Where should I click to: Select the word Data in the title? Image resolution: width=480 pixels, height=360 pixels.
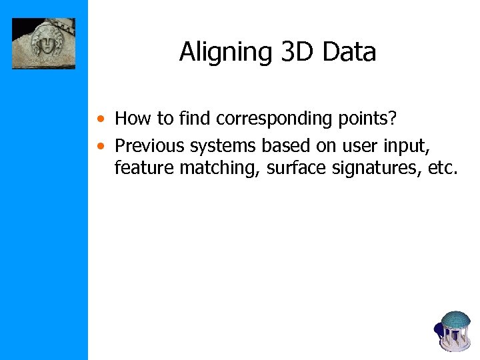[x=349, y=53]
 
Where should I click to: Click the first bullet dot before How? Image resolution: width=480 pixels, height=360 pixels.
[x=99, y=120]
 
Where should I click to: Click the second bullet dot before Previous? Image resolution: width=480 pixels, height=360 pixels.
[x=99, y=145]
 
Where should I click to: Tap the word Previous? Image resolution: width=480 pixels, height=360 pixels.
[x=149, y=145]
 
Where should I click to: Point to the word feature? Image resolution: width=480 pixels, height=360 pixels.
[x=144, y=169]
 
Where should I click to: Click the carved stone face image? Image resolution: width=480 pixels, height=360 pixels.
[x=43, y=43]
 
